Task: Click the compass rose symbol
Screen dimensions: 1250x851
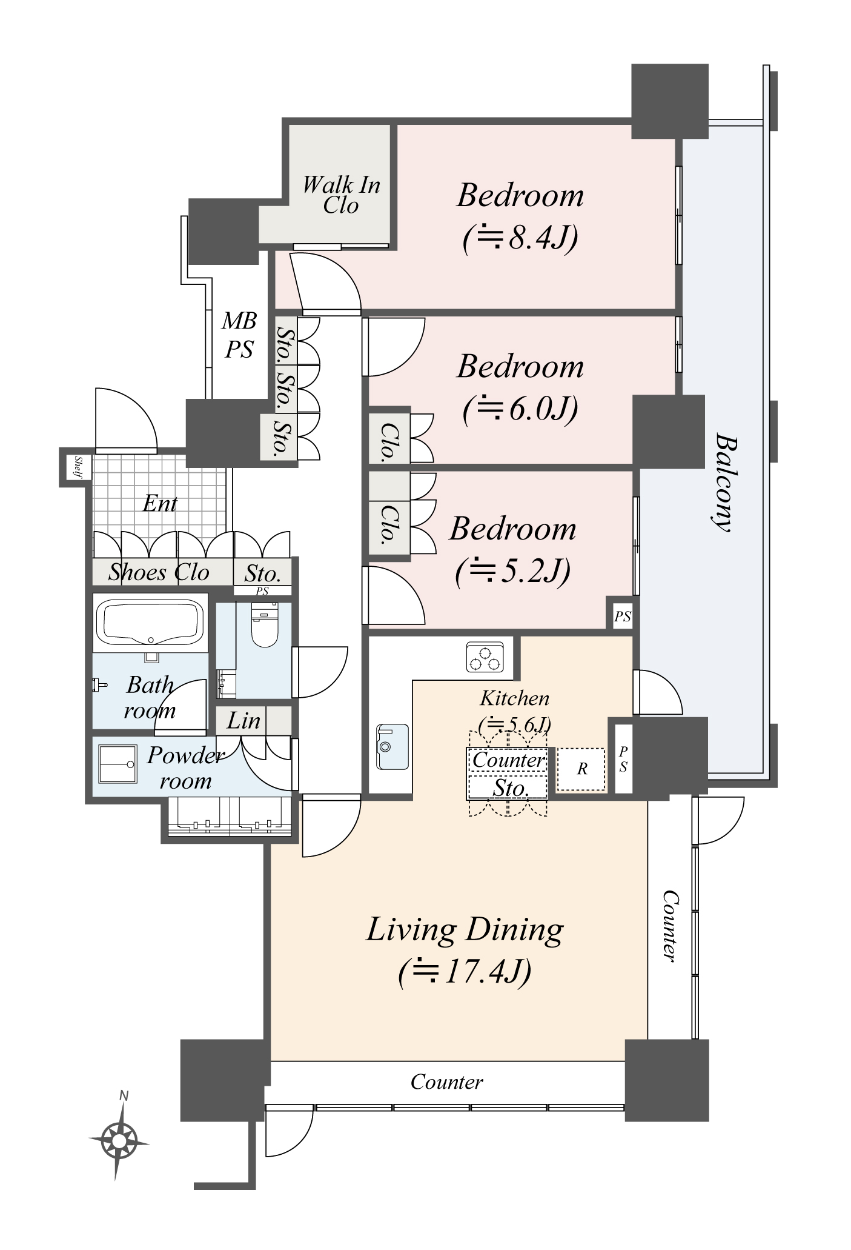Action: (119, 1142)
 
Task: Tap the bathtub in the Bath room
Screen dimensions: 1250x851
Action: (150, 623)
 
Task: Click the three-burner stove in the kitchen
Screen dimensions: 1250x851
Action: (485, 658)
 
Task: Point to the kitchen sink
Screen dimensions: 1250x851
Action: (392, 746)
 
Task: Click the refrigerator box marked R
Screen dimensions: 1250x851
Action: (581, 769)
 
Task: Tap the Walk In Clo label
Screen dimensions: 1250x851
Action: (341, 195)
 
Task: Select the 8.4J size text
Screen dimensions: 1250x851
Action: (520, 238)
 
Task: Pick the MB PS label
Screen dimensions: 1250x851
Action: (239, 335)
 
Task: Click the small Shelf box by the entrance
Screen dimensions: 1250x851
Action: (79, 467)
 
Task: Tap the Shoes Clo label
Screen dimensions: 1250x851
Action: (159, 572)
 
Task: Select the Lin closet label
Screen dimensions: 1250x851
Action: (243, 721)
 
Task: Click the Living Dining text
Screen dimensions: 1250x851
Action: (465, 930)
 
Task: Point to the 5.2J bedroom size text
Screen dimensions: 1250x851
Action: (512, 571)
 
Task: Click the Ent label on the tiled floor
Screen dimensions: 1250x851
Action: (160, 503)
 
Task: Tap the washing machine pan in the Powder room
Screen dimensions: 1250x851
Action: (118, 764)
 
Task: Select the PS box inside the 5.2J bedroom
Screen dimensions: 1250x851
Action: (623, 617)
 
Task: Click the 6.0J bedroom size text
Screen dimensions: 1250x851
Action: (520, 409)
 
